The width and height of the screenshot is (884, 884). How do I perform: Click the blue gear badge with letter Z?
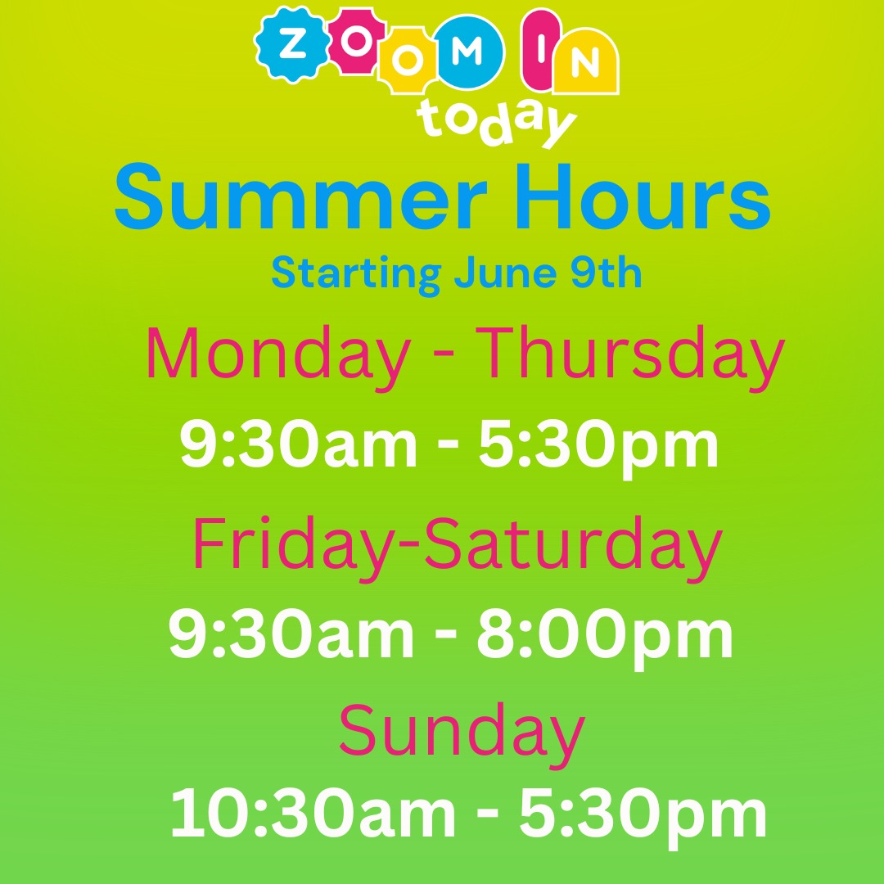[292, 44]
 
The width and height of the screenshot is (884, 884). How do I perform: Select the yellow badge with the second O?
[408, 61]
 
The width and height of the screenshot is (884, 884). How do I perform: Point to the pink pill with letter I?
[541, 50]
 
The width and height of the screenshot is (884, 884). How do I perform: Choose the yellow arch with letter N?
[585, 61]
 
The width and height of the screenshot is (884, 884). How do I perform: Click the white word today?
[496, 122]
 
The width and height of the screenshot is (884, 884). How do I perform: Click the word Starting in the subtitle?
[356, 274]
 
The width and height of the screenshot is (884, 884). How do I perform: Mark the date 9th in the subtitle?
[606, 273]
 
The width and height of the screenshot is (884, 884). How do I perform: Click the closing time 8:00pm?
[605, 637]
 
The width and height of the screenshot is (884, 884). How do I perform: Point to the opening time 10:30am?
[313, 814]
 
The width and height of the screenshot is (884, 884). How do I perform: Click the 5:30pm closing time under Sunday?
[643, 817]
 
